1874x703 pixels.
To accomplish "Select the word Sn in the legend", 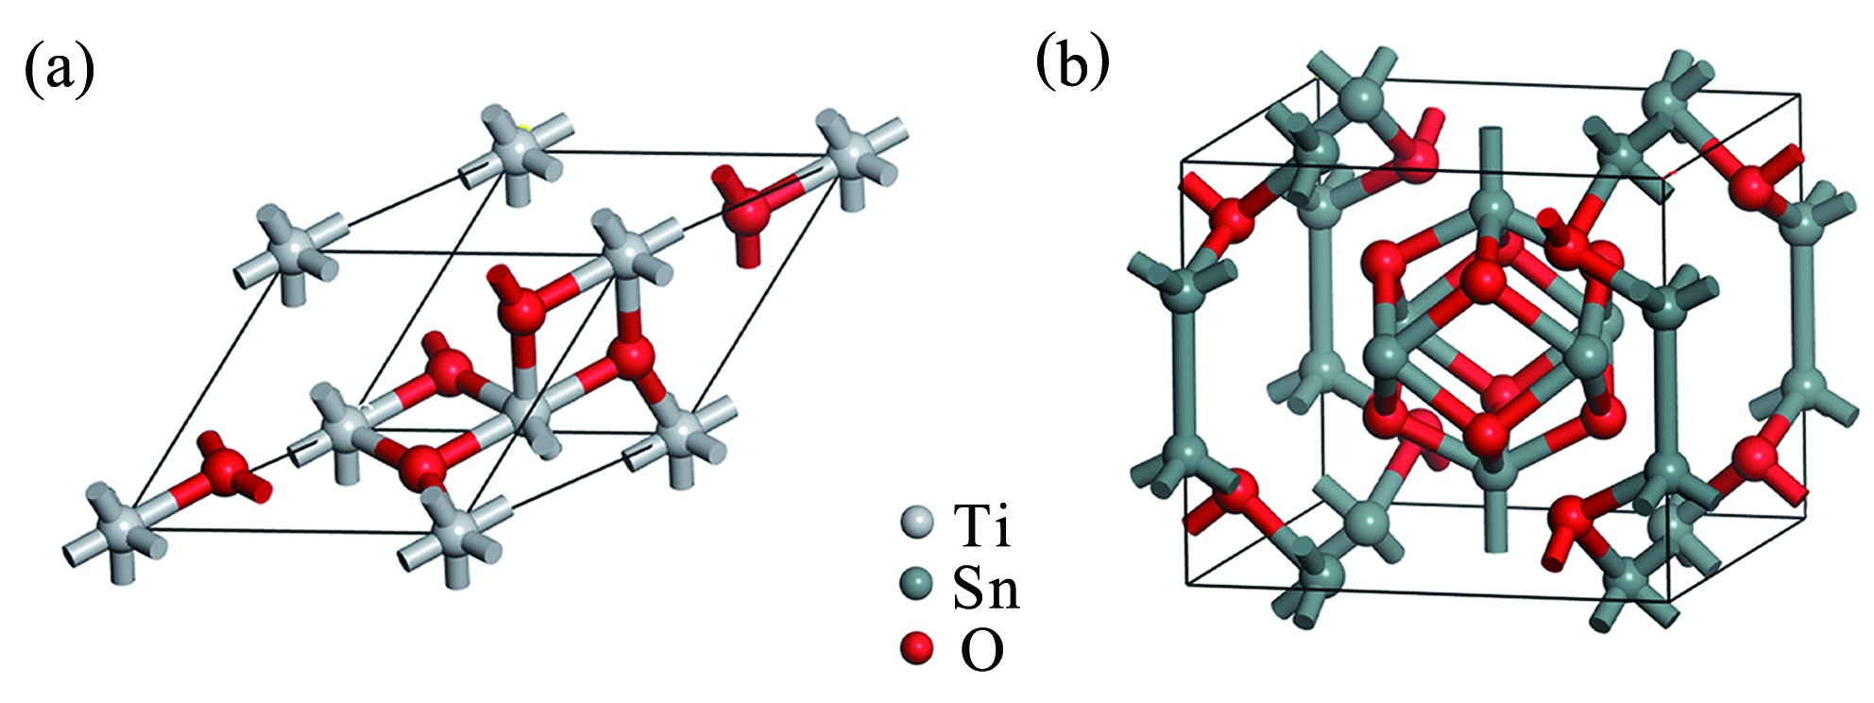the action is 986,589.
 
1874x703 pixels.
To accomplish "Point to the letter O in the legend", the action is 981,650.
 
